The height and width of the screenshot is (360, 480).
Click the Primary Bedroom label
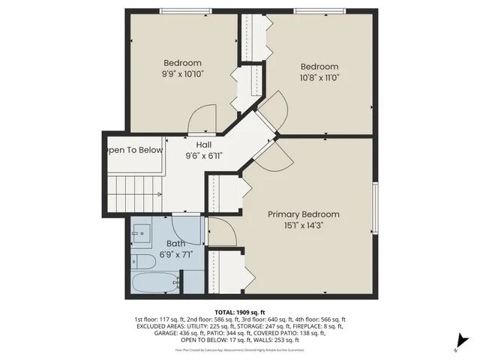[x=304, y=214]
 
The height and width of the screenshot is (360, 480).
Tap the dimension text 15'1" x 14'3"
[x=304, y=225]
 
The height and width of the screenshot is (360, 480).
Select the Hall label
[x=203, y=145]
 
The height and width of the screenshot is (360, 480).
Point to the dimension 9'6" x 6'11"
[x=203, y=156]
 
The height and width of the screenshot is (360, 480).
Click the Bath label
[x=175, y=244]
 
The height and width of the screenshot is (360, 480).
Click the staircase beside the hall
[x=136, y=194]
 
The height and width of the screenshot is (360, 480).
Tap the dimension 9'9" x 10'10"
[x=182, y=74]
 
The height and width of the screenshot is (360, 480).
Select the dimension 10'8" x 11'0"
[x=319, y=77]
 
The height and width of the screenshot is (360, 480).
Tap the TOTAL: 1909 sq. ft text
[x=240, y=311]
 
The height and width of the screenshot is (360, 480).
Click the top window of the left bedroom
[x=184, y=10]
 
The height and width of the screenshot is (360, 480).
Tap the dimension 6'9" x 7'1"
[x=175, y=254]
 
